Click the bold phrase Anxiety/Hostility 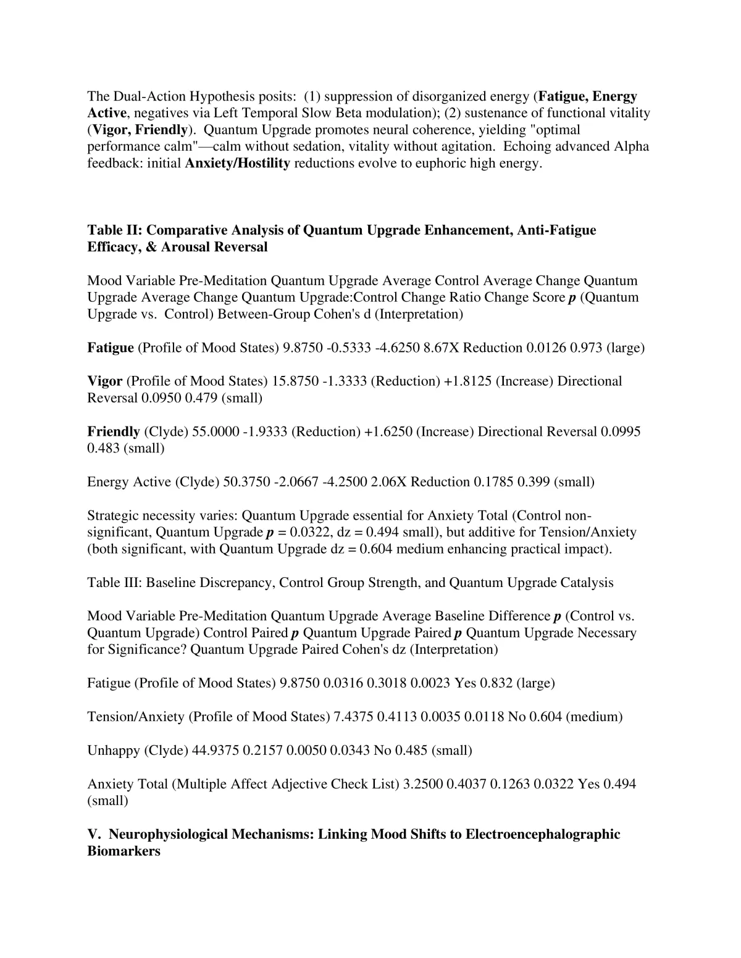237,164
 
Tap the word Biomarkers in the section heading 124,851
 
